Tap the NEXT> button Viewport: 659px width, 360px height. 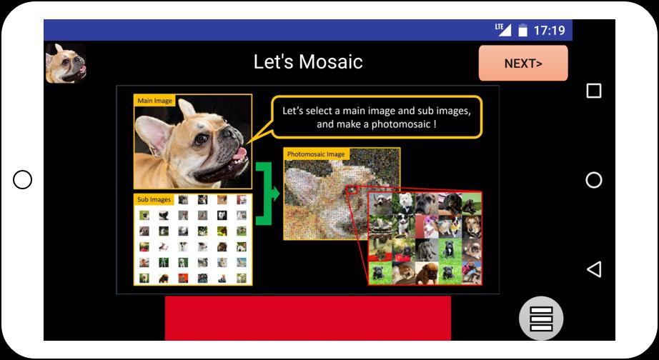[x=522, y=63]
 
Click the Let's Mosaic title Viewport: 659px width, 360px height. [x=308, y=62]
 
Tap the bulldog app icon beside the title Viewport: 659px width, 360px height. [x=66, y=63]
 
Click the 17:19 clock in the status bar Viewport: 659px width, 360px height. [x=550, y=30]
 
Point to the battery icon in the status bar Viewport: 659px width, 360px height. [x=522, y=30]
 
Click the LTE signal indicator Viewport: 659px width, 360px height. [x=503, y=29]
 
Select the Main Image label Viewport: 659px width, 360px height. [x=154, y=101]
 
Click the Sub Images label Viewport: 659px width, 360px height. [x=154, y=199]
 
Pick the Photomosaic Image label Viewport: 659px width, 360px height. [x=316, y=154]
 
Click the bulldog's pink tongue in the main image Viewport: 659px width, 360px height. [x=239, y=154]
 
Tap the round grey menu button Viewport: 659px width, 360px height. [x=541, y=319]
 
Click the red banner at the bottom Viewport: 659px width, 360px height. [x=307, y=318]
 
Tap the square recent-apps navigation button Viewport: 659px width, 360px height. [x=593, y=91]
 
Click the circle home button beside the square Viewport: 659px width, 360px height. [x=593, y=180]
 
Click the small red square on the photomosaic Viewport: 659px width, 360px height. [x=352, y=190]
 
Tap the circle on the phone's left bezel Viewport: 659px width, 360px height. [x=22, y=180]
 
